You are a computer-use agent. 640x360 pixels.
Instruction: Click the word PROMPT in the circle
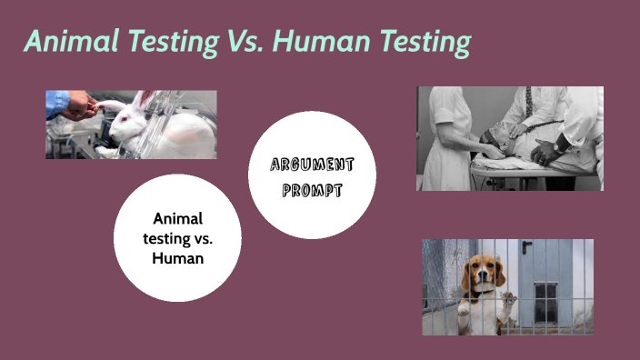312,190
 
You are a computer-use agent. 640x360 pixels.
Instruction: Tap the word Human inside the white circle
177,258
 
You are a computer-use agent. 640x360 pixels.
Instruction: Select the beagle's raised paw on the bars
508,298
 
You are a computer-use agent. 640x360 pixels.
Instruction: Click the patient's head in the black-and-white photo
495,136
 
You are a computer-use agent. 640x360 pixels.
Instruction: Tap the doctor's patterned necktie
528,105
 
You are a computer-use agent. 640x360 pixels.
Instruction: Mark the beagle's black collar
485,294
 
